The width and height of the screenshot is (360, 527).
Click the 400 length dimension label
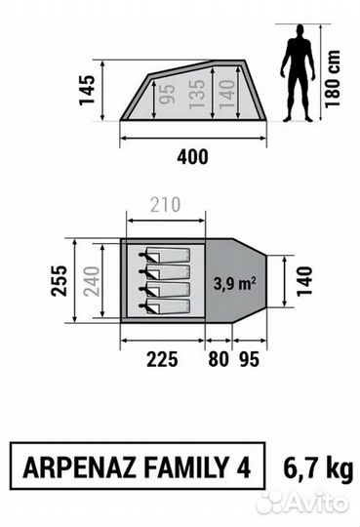[192, 157]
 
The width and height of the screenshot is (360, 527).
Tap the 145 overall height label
[88, 90]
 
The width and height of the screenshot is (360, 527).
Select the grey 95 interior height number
[168, 94]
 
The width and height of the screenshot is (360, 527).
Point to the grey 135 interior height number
[197, 95]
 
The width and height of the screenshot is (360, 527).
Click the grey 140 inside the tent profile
[227, 94]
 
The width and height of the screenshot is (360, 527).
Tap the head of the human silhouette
[299, 31]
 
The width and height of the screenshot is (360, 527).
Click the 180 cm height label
[333, 79]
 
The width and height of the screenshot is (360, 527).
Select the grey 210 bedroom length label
[165, 205]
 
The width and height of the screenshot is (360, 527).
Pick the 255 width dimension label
[59, 281]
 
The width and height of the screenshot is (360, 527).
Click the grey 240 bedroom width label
[92, 281]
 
